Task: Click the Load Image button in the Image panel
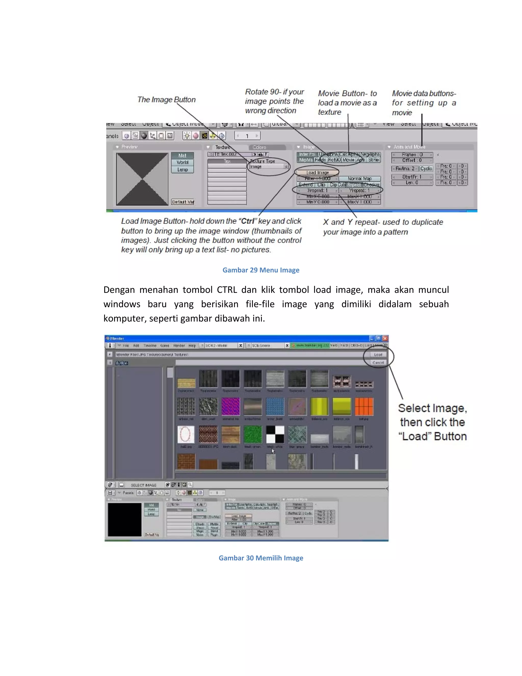317,172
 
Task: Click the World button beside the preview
182,162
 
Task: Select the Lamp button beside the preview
182,170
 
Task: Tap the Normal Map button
360,179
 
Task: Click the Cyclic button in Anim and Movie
426,169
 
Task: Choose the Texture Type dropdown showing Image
269,167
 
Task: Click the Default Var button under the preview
183,202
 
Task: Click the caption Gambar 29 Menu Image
261,270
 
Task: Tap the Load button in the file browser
378,354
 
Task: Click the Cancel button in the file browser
378,362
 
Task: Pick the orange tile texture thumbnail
364,406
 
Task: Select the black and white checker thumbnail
275,434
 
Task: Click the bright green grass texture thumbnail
253,434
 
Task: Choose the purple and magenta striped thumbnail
230,406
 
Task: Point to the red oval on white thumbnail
186,434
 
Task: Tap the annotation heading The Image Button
166,100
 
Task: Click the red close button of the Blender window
385,338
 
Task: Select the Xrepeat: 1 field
317,190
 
